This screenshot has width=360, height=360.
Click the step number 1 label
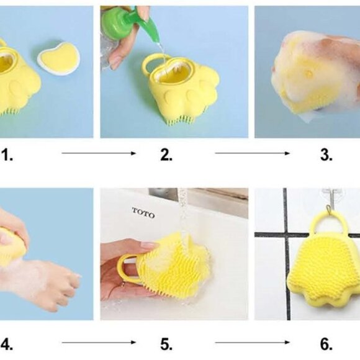click(7, 155)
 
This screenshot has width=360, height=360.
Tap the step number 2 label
click(166, 155)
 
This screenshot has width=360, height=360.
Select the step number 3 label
click(326, 155)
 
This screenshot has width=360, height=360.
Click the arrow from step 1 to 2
click(99, 153)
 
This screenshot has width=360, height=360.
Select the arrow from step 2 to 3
click(252, 153)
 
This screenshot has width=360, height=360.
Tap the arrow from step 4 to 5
click(99, 341)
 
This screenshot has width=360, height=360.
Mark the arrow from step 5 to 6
click(252, 341)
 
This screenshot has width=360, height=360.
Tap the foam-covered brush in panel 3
click(310, 74)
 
